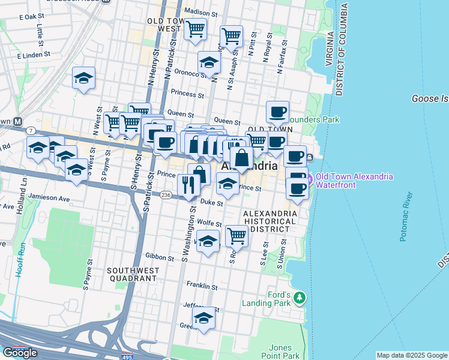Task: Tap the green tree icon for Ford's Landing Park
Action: [x=300, y=298]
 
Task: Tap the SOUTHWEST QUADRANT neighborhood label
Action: [x=133, y=274]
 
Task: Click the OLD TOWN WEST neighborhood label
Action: [x=164, y=25]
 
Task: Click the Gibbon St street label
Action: [x=160, y=257]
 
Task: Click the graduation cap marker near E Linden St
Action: [x=84, y=78]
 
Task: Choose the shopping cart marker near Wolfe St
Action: [x=237, y=236]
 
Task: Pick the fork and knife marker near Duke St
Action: [x=188, y=185]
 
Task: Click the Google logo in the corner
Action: [x=20, y=353]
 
